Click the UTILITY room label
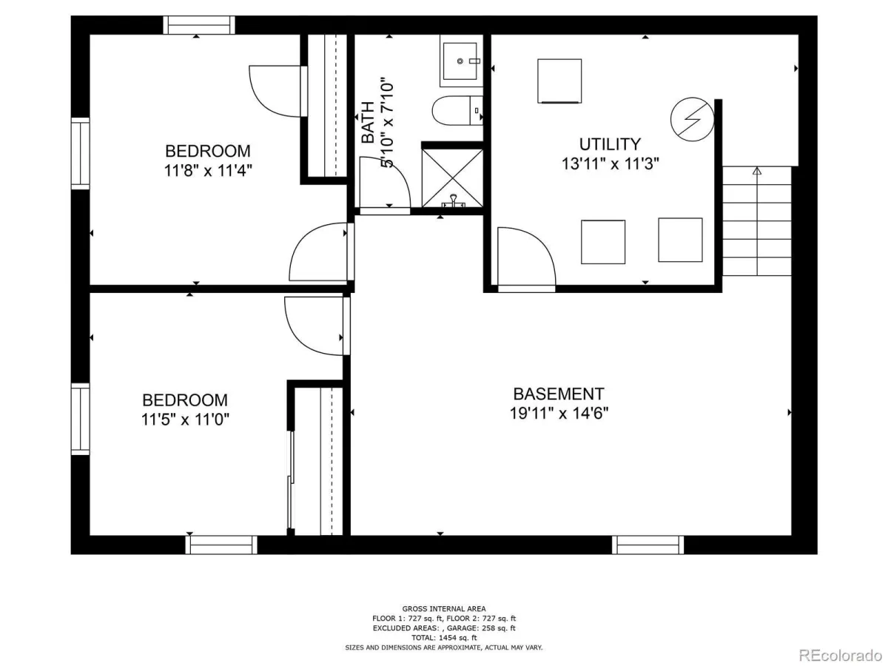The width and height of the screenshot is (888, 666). (610, 144)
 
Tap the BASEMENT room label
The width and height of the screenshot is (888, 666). (559, 394)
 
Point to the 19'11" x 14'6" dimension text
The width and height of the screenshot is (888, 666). (559, 414)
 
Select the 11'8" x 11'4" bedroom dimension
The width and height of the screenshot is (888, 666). (208, 171)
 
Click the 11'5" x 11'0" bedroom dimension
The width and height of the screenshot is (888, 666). (185, 420)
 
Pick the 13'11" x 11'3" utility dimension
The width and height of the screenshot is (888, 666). (610, 164)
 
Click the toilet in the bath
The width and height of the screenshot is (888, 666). (457, 110)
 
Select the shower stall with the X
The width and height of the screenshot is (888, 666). (452, 178)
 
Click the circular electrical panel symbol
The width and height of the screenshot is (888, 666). (692, 119)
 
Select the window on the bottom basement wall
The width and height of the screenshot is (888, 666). (647, 545)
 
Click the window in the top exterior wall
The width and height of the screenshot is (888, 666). (199, 25)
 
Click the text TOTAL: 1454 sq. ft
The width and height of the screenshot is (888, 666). (444, 638)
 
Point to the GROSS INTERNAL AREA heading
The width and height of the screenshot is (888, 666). (444, 608)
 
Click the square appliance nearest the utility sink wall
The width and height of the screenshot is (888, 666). (559, 81)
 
